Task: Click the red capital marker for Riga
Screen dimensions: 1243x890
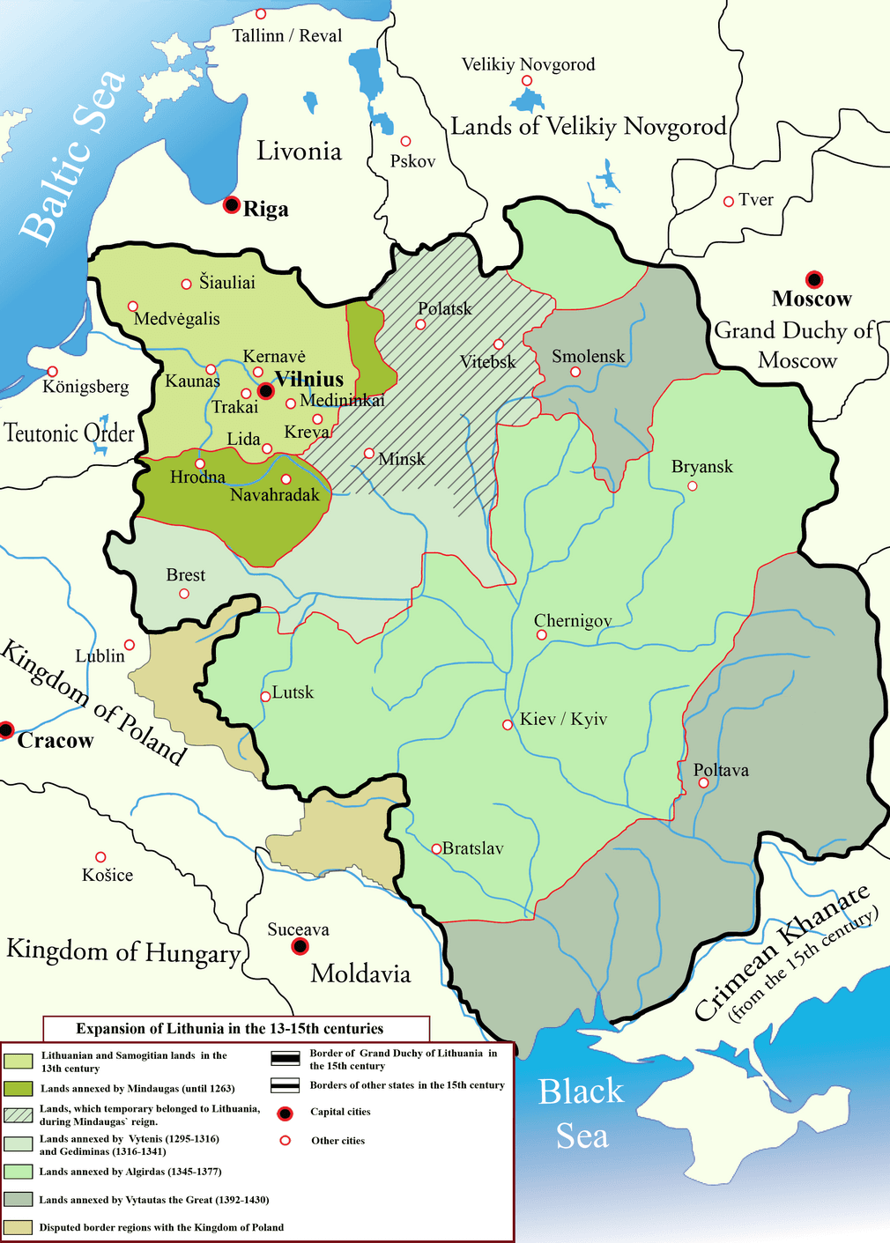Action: (232, 205)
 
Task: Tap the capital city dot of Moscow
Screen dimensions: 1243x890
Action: (814, 279)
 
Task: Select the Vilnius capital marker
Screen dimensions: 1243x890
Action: (264, 390)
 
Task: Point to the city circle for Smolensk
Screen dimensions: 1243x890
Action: (575, 372)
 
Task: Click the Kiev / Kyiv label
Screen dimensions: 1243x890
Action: (563, 719)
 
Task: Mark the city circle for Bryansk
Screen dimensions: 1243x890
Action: (693, 485)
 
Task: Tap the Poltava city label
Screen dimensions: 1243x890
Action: (721, 770)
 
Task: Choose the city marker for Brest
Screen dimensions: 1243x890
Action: (184, 594)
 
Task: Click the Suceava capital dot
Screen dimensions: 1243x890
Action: (300, 947)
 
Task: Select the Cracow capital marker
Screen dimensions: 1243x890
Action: (6, 729)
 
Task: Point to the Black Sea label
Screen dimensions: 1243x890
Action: (582, 1114)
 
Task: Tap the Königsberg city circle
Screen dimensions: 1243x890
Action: (53, 372)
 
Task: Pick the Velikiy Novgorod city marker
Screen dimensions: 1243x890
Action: (527, 81)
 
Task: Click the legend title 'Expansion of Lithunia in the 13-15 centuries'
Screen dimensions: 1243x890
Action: (230, 1028)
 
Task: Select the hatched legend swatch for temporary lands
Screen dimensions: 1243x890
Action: (18, 1114)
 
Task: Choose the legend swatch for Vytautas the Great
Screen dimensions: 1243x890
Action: (18, 1199)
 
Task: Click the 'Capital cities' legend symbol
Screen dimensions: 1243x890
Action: (285, 1113)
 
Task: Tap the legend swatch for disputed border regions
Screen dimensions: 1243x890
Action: (18, 1227)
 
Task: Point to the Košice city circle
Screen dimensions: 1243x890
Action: (100, 857)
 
